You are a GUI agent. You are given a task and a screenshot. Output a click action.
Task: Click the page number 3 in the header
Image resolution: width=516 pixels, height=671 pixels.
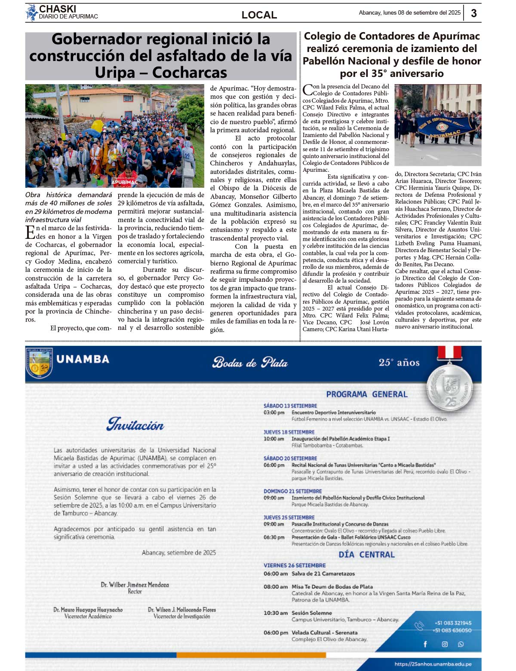coord(473,13)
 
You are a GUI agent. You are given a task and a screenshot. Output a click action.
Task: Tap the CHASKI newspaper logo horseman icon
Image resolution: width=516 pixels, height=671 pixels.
coord(31,12)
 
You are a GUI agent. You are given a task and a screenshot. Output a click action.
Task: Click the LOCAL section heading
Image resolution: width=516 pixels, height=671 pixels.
coord(259,15)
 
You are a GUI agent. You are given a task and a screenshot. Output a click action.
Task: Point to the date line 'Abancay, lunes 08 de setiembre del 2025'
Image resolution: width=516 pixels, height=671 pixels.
coord(409,13)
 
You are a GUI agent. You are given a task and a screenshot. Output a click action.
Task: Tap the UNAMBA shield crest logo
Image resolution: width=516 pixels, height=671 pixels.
coord(39,363)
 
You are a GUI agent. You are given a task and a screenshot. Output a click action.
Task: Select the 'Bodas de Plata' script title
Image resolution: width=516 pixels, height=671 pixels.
coord(250,363)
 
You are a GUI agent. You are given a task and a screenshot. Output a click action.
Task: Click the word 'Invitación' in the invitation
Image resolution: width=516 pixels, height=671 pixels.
coord(135,424)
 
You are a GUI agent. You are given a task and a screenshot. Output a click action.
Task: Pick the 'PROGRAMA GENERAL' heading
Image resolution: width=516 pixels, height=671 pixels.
coord(366,394)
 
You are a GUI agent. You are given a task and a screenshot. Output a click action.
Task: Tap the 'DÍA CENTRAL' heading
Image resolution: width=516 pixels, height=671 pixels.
coord(366,555)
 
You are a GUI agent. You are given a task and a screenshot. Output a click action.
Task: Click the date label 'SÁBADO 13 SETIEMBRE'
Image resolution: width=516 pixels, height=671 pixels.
coord(290,406)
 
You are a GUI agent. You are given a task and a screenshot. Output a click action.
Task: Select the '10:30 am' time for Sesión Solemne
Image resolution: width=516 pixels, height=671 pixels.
coord(275,613)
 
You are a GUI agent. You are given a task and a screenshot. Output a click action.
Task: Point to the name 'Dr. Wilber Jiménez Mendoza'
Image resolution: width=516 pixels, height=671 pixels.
coord(135,585)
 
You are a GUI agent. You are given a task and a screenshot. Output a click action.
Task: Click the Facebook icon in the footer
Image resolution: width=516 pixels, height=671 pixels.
coord(425,644)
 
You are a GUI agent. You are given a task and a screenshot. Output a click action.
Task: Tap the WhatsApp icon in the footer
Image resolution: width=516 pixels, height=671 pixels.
coord(461,644)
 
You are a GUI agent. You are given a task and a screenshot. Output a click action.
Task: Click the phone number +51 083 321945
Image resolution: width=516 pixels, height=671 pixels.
coord(453,623)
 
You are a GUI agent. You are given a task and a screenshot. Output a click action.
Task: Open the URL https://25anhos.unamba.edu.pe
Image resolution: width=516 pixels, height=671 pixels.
coord(433,664)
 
